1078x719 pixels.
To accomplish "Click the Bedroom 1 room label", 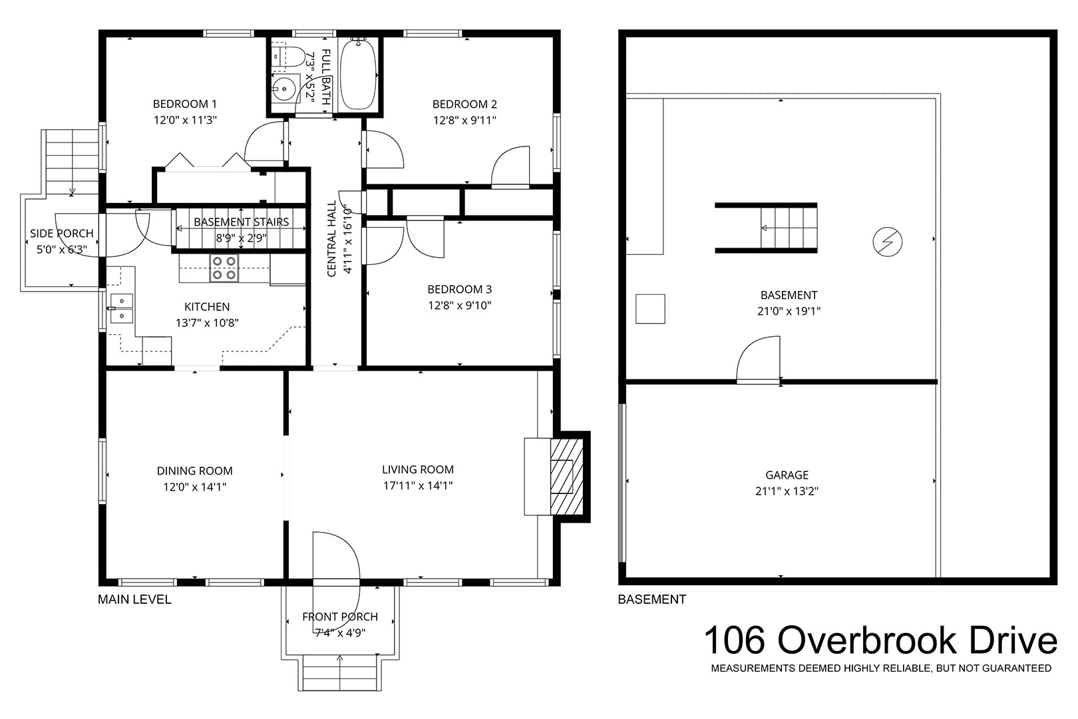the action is tap(185, 104).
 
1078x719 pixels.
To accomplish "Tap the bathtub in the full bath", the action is tap(358, 75).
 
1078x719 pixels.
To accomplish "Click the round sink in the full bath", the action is tap(284, 89).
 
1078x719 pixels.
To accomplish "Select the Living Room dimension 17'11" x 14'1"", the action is tap(418, 485).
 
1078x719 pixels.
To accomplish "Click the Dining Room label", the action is tap(195, 471).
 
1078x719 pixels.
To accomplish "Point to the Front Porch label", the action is tap(340, 617).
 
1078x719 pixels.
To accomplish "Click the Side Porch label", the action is tap(62, 234).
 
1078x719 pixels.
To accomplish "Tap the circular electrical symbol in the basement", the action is tap(888, 242).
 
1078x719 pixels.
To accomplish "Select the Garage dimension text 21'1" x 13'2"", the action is tap(787, 491).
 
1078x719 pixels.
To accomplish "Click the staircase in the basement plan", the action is tap(789, 228).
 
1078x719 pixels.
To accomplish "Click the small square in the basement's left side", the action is tap(650, 309).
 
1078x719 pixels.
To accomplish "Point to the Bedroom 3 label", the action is tap(460, 290).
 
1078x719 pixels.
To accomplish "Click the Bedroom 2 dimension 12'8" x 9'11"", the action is tap(464, 120).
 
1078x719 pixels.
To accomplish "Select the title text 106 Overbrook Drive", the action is tap(880, 640).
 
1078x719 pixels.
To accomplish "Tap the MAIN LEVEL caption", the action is tap(134, 600).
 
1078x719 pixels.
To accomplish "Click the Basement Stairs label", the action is tap(242, 222).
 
